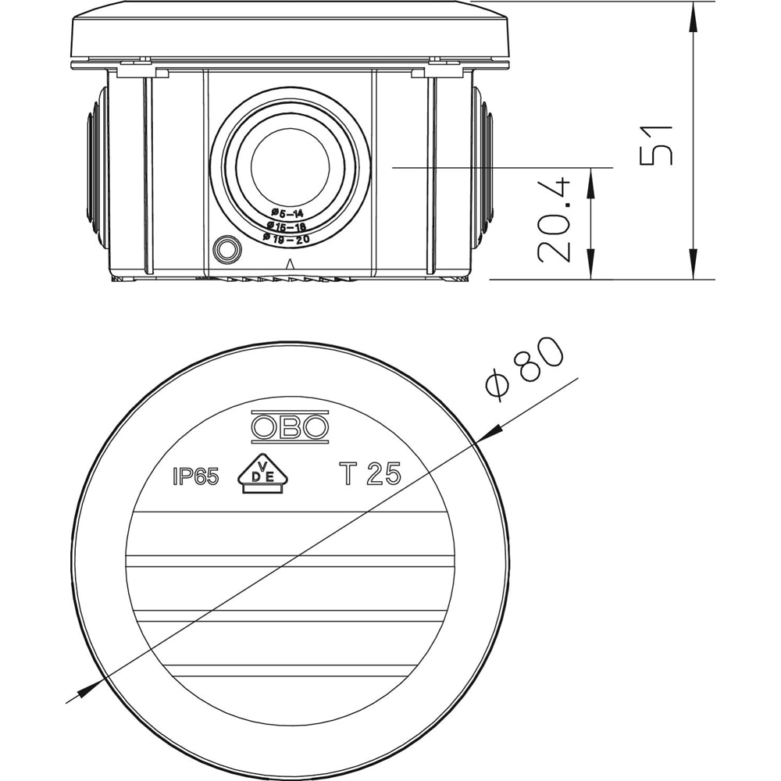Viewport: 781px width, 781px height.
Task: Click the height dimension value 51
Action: (x=656, y=144)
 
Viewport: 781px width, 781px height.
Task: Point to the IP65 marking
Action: (x=195, y=477)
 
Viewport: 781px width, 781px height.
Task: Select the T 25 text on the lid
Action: (x=369, y=474)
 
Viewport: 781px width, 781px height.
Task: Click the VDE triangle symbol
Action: (x=262, y=475)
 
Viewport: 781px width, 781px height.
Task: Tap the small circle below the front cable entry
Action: (x=228, y=250)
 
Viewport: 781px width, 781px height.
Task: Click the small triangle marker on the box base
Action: (x=290, y=263)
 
